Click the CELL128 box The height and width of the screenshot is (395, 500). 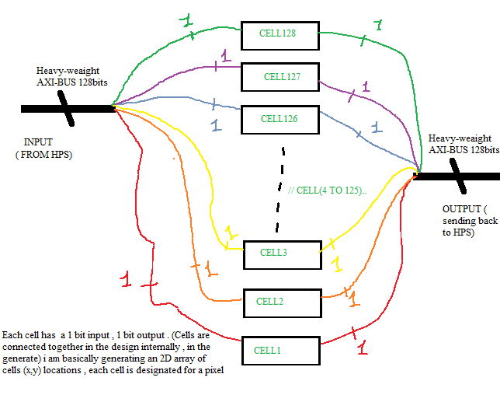(x=279, y=33)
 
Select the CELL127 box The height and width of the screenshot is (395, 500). (x=280, y=76)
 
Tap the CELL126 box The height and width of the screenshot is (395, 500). (x=279, y=118)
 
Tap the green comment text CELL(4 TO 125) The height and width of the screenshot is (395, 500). (x=326, y=190)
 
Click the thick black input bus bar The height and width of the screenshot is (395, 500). (x=66, y=109)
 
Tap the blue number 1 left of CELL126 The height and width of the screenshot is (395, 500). (x=216, y=124)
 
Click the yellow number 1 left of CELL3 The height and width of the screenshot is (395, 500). (x=229, y=232)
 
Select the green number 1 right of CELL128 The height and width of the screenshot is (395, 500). (x=378, y=26)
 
